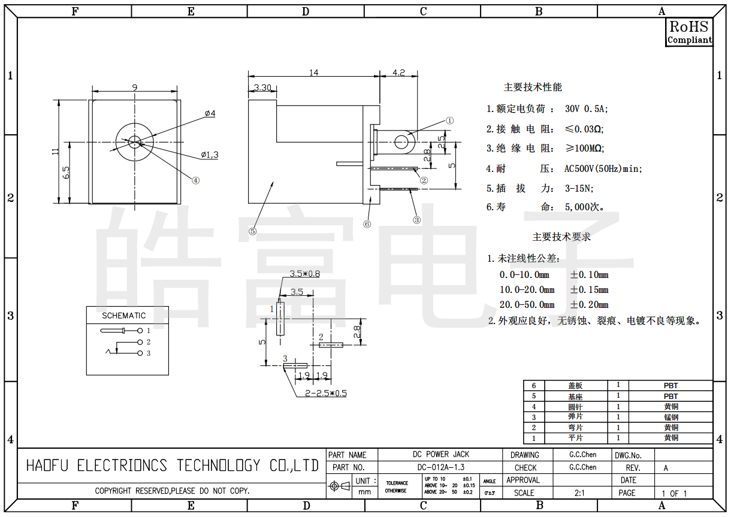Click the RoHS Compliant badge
coord(689,32)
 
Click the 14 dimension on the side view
coord(313,73)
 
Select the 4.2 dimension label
coord(398,72)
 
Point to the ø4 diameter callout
coord(210,113)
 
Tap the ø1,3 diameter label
coord(210,155)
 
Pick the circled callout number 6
coord(367,224)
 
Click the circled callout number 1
coord(450,120)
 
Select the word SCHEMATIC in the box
coord(123,316)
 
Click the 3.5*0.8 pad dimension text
coord(304,274)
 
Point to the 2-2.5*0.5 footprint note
coord(326,394)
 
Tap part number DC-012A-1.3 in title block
coord(440,467)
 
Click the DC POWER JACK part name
coord(441,455)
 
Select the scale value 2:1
coord(579,493)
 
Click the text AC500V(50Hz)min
coord(603,169)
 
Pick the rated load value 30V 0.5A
coord(585,109)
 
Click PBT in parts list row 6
coord(670,386)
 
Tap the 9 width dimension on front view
coord(135,87)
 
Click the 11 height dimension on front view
coord(55,152)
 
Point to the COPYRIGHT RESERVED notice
coord(172,491)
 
